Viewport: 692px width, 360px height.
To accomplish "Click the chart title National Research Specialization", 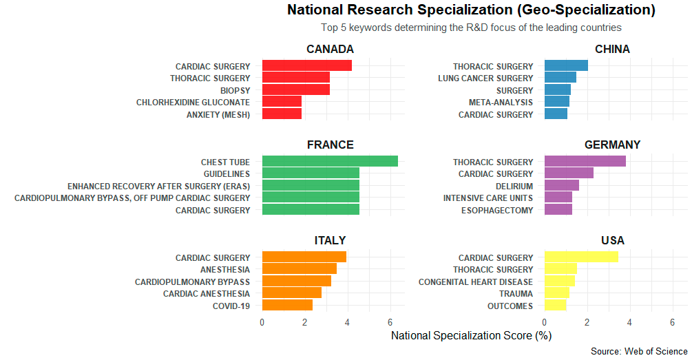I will (471, 10).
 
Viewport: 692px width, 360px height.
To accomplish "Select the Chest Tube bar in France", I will (330, 161).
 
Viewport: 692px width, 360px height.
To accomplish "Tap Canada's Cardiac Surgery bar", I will (306, 66).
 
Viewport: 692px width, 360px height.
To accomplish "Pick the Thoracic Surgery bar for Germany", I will (585, 162).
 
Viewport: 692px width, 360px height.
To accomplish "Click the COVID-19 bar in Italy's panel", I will (287, 306).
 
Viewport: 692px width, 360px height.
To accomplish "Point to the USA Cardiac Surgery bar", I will (580, 257).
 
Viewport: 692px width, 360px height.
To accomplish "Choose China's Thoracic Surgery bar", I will (566, 66).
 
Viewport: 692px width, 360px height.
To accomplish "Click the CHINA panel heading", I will (612, 49).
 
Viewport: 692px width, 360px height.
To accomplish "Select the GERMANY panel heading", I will (612, 145).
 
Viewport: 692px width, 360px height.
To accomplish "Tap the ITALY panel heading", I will (330, 240).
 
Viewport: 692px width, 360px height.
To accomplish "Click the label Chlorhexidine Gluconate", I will (193, 103).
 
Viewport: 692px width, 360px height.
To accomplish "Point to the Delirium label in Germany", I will (514, 186).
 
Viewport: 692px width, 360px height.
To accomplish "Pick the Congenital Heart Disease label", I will (476, 282).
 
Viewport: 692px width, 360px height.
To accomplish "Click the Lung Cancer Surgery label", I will (485, 78).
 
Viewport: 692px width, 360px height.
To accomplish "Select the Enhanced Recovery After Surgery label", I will (158, 186).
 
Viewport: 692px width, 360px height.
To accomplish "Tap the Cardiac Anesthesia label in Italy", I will (207, 294).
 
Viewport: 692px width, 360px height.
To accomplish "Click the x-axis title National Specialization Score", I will (471, 336).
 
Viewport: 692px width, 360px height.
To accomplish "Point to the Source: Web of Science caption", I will (639, 352).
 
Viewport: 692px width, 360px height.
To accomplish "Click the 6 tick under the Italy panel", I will (390, 321).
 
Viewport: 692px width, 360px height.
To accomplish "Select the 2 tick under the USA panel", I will (587, 321).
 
